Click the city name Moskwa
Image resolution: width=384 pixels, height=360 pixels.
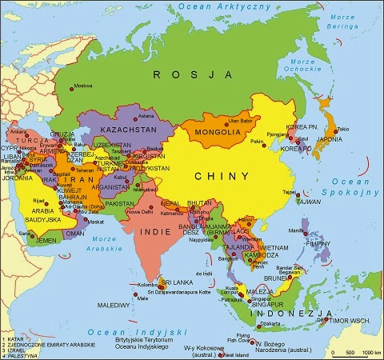click(82, 86)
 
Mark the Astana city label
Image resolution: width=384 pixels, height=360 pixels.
click(146, 115)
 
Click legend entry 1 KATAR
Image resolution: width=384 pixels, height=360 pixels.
click(15, 339)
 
